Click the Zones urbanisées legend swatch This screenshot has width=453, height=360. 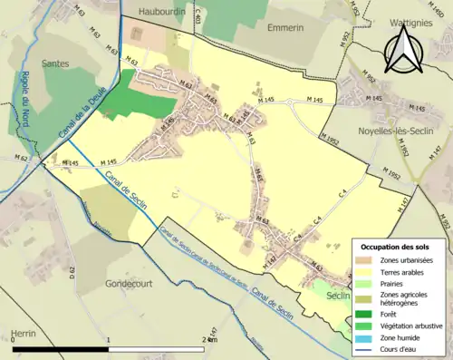coord(362,260)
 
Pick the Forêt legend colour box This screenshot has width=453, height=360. coord(362,315)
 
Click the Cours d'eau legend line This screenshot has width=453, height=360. coord(362,347)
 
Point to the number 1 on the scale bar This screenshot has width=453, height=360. coord(109,339)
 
